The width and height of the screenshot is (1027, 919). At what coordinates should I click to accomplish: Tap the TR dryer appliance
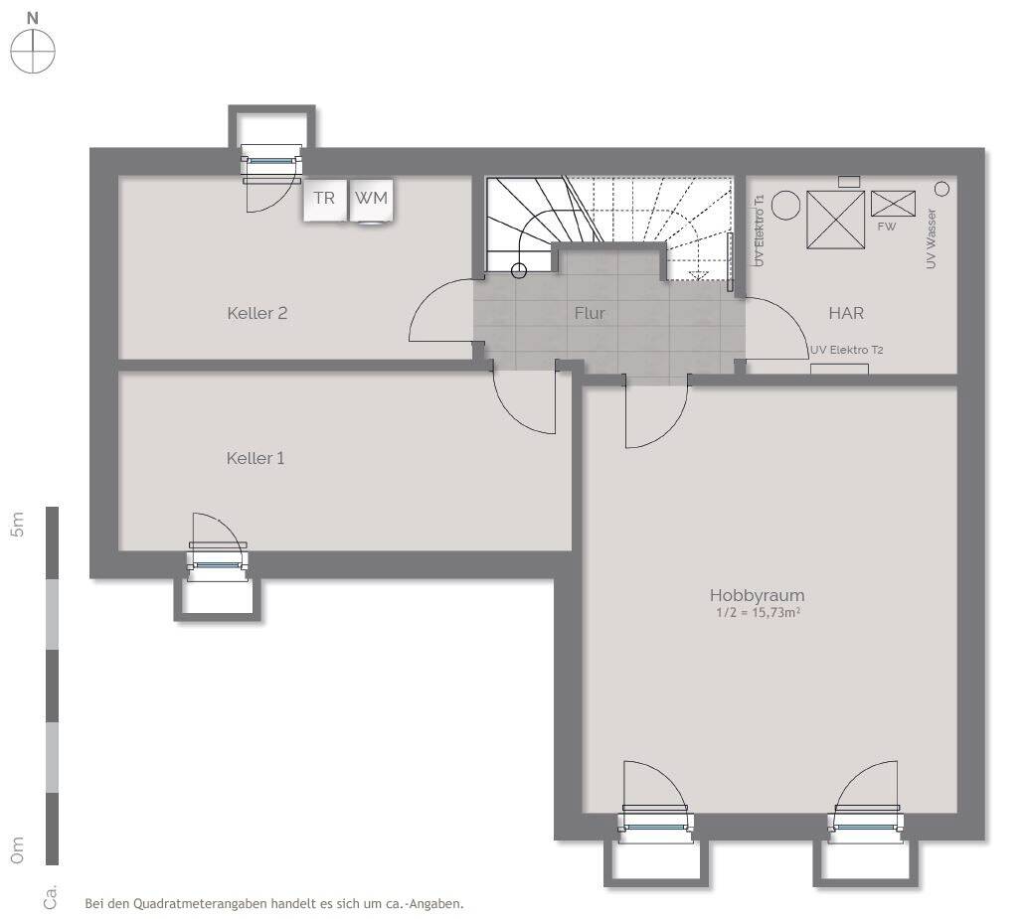[x=324, y=199]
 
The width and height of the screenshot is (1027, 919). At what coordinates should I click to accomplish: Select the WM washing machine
[x=372, y=199]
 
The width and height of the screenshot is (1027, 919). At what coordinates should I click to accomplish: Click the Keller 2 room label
[x=257, y=313]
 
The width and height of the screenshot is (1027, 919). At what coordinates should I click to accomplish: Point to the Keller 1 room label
[x=256, y=458]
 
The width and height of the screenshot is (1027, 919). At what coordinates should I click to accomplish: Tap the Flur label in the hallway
[x=590, y=314]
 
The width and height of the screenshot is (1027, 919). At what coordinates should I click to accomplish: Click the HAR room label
[x=846, y=313]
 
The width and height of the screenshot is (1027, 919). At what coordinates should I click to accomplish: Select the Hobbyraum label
[x=758, y=596]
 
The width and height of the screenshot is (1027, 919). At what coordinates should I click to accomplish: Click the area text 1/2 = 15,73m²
[x=758, y=613]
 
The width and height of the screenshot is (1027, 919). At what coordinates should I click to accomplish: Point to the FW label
[x=886, y=227]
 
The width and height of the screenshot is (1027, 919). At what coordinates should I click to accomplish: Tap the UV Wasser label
[x=932, y=238]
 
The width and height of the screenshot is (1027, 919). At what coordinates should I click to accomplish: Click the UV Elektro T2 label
[x=847, y=350]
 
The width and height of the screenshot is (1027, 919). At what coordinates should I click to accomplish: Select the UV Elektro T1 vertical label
[x=760, y=230]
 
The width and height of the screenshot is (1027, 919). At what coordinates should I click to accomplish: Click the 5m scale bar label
[x=18, y=525]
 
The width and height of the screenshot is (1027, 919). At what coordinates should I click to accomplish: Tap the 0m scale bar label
[x=18, y=849]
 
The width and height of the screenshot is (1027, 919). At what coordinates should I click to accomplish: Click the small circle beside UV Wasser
[x=941, y=189]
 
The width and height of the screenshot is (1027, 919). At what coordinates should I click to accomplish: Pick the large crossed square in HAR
[x=836, y=220]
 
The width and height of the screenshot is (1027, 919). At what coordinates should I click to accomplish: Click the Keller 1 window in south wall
[x=218, y=564]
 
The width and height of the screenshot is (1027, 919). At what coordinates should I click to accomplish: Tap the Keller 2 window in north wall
[x=271, y=160]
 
